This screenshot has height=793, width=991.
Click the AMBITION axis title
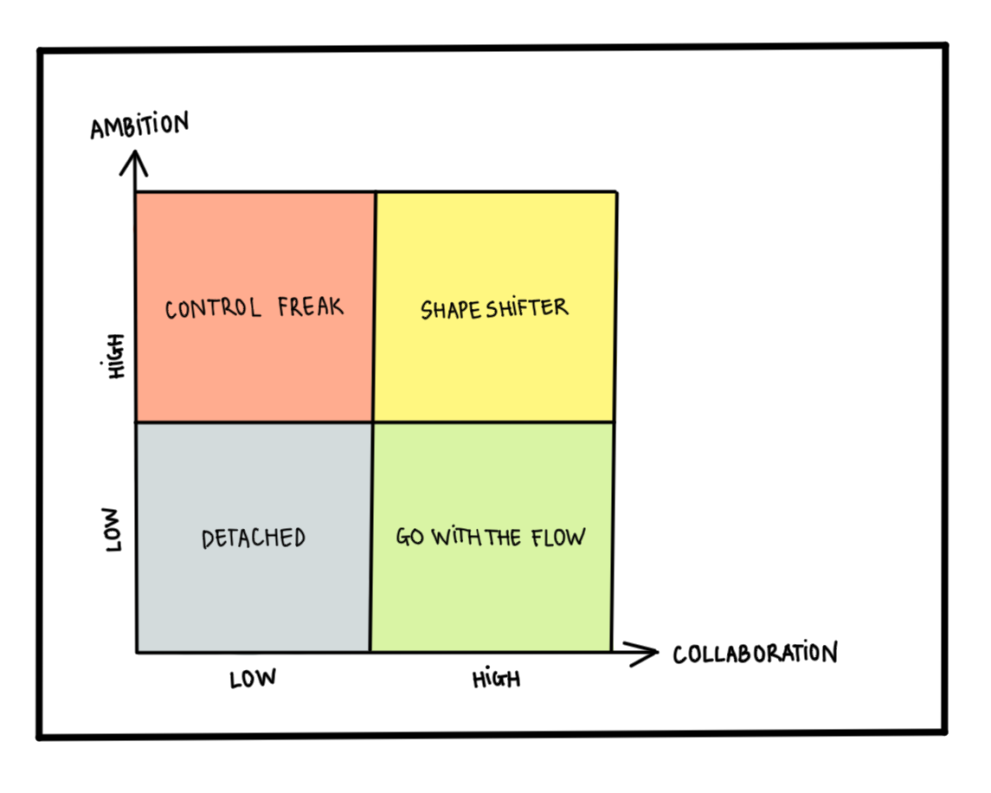(138, 126)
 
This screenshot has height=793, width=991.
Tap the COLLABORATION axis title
(755, 654)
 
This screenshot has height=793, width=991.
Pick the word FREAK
(311, 306)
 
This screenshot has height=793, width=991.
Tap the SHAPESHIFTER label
(494, 308)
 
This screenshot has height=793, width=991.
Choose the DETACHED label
(254, 538)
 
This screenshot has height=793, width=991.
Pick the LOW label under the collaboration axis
(253, 679)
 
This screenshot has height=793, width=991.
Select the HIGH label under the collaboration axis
(496, 679)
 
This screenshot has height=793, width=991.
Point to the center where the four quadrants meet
(373, 422)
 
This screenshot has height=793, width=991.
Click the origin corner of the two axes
(137, 652)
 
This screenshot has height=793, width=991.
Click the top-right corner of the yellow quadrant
(616, 192)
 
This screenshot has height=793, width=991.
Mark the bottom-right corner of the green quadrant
(611, 651)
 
